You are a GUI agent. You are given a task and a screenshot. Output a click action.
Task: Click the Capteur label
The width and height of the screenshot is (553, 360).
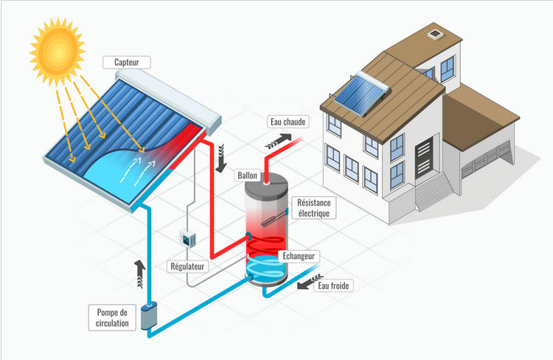127,63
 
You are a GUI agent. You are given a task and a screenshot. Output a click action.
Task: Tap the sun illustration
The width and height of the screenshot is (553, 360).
58,52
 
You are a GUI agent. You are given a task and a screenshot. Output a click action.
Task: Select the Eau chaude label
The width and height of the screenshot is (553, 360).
288,122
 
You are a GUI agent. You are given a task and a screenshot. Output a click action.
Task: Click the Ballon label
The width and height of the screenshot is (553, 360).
247,176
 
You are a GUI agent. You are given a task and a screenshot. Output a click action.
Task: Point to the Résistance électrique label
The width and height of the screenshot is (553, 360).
314,208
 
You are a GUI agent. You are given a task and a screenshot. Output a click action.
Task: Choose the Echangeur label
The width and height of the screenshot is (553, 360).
299,256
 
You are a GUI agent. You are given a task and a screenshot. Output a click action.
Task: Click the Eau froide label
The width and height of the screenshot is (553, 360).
333,285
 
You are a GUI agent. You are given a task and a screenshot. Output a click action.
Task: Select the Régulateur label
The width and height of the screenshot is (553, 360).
187,266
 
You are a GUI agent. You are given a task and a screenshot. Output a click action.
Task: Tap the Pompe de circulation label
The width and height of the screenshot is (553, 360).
112,318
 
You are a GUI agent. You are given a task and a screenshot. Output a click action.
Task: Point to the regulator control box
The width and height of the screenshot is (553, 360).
187,238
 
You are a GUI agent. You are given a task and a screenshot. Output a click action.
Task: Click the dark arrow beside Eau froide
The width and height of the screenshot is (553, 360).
310,281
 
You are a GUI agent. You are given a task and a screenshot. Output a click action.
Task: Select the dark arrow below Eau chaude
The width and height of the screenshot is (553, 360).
278,141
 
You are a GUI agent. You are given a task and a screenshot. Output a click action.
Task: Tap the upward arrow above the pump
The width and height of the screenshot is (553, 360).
139,274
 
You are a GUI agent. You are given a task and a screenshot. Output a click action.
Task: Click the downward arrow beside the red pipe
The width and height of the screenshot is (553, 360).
221,158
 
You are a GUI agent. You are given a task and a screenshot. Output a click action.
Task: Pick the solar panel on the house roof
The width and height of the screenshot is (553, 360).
361,93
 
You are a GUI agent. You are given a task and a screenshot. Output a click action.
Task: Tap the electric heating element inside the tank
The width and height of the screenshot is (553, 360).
274,218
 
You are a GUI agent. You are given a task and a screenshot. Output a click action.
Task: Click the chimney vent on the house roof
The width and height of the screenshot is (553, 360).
435,34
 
